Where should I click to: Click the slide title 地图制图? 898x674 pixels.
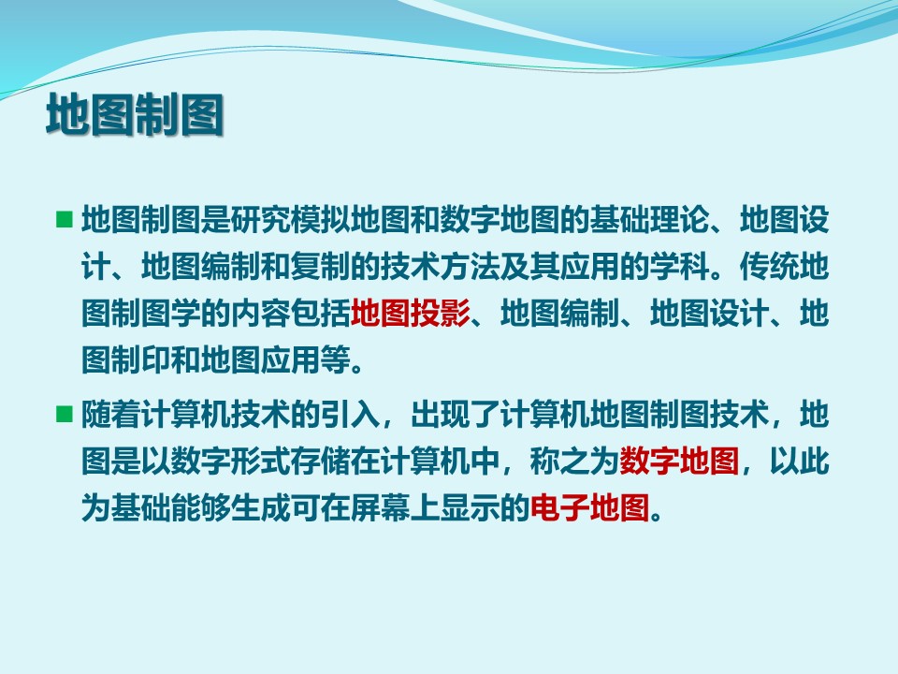tap(135, 114)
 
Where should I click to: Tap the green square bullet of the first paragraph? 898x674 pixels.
tap(65, 219)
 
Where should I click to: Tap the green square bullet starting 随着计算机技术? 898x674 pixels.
tap(65, 414)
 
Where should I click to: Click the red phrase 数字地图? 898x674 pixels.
tap(679, 461)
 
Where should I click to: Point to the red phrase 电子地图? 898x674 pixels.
tap(590, 507)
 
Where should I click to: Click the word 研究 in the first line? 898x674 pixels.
tap(261, 219)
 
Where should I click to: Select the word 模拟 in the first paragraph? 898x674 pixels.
tap(321, 219)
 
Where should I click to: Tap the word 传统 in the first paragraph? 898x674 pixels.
tap(769, 267)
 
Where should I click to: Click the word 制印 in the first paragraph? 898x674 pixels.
tap(141, 359)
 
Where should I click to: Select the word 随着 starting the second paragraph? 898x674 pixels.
tap(111, 414)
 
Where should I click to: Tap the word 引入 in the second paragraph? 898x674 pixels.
tap(351, 414)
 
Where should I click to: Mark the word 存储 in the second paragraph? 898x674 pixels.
tap(321, 461)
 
